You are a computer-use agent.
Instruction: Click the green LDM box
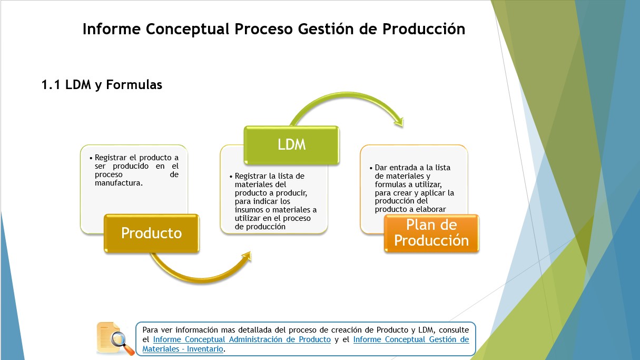[291, 145]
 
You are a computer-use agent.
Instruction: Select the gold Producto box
[151, 233]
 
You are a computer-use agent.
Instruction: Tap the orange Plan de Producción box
[431, 233]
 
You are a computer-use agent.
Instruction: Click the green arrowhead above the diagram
[399, 122]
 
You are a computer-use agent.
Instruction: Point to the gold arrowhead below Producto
[247, 256]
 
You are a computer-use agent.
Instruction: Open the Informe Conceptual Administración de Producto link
[242, 339]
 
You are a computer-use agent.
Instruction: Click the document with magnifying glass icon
[115, 339]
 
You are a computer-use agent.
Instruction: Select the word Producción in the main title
[424, 29]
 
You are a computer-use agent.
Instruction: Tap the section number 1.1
[51, 85]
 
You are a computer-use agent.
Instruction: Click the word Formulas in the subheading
[134, 85]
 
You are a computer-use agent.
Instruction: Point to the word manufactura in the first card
[119, 183]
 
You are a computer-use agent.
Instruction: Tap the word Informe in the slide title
[112, 29]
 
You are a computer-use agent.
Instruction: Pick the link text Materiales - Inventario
[183, 349]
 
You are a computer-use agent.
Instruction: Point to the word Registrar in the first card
[111, 158]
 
